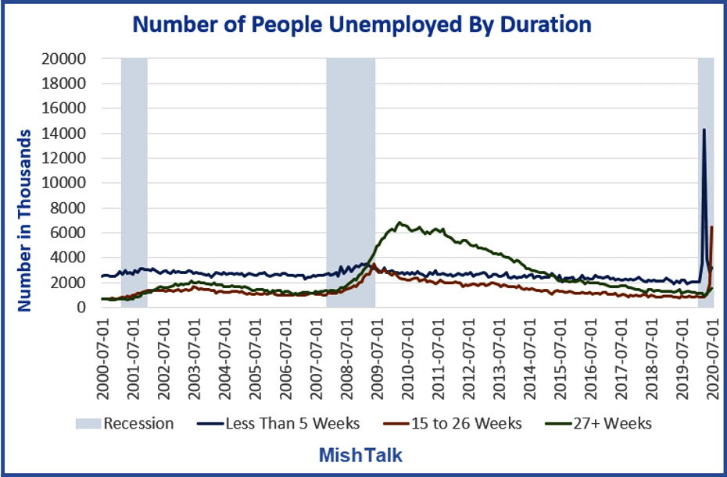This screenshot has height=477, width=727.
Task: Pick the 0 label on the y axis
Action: tap(82, 307)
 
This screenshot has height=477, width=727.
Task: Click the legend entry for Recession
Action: tap(125, 423)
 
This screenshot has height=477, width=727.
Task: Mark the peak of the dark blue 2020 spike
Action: tap(704, 130)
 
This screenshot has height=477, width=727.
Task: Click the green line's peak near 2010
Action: tap(399, 222)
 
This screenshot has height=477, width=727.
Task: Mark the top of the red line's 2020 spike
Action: tap(711, 227)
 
